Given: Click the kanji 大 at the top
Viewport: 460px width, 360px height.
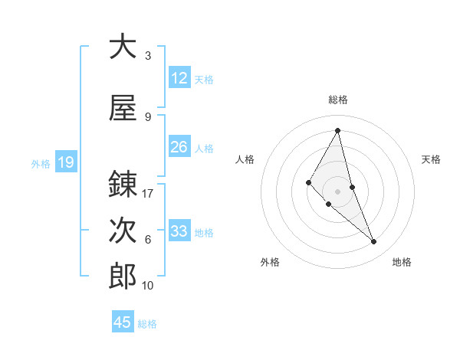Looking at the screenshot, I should tap(123, 47).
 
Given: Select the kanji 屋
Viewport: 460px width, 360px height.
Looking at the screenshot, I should tap(123, 109).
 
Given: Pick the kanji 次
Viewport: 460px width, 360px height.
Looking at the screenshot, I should tap(123, 231).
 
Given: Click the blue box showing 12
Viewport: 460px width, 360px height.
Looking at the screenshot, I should tap(179, 78).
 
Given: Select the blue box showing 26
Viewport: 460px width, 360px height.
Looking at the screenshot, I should tap(179, 147).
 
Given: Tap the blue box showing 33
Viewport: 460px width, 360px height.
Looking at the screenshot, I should tap(179, 231).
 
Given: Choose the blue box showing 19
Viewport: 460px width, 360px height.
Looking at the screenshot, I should tap(65, 162).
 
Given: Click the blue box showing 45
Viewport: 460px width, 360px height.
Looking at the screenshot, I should tap(123, 322).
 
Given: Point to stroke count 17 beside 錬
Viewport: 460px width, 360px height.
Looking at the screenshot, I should tap(148, 194).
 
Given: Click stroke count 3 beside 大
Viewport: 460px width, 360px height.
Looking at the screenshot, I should tap(148, 56).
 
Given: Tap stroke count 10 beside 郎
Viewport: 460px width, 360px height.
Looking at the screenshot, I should tap(148, 286).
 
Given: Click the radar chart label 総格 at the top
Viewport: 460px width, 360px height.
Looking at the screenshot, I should tap(338, 100).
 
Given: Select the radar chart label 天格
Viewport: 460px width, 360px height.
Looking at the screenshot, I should tap(432, 159).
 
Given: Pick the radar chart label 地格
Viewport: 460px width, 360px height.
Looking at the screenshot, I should tap(402, 262).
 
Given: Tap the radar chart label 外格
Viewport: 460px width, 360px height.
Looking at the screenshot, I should tap(270, 262).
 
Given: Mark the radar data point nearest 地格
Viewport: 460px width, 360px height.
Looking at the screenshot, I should tap(374, 242).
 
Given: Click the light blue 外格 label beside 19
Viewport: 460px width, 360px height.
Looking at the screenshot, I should tap(40, 163).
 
